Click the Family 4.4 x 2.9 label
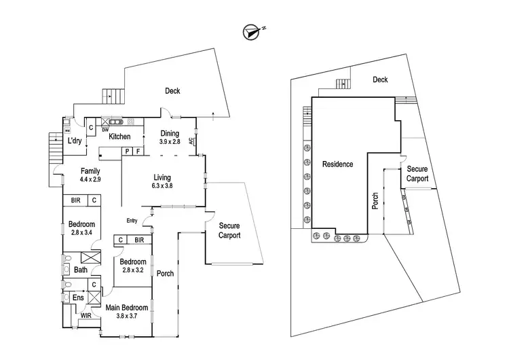point(91,175)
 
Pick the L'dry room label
point(74,141)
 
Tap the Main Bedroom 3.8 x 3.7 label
point(127,312)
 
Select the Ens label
point(79,298)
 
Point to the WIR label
point(86,316)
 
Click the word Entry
point(132,220)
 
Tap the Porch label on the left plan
point(165,274)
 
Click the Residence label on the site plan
point(337,164)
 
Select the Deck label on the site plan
point(380,79)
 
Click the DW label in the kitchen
point(105,129)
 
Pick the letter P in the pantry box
point(126,151)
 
